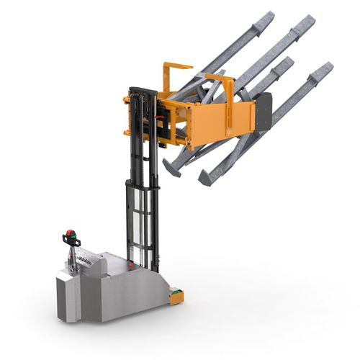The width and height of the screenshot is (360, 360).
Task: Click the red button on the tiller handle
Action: [x=70, y=233]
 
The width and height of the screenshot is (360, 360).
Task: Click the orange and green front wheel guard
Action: [x=175, y=293]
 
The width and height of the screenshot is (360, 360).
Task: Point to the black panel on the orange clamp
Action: [x=264, y=112]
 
